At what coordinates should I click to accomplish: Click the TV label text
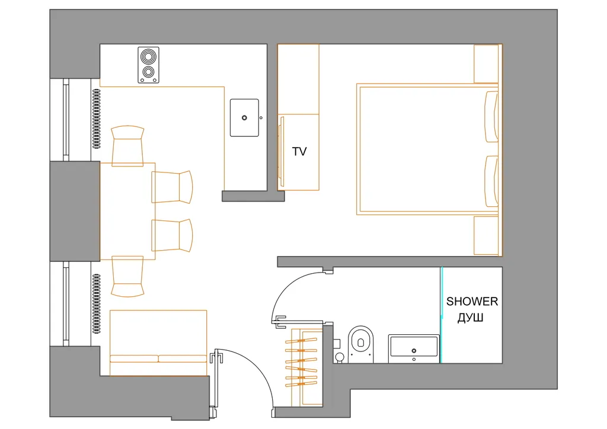coord(299,152)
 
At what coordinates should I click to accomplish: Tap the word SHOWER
coord(472,302)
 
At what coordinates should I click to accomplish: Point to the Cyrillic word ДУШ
coord(470,318)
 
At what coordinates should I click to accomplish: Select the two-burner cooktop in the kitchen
coord(148,65)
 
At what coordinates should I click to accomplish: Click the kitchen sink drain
coord(244,117)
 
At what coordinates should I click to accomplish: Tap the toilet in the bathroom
coord(361,344)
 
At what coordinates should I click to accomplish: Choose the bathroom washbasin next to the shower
coord(414,348)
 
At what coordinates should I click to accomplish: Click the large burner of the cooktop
coord(148,57)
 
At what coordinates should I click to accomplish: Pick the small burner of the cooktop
coord(148,72)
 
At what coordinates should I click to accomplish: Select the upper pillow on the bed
coord(491,117)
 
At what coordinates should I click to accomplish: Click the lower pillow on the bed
coord(491,181)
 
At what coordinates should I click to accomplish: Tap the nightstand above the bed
coord(487,64)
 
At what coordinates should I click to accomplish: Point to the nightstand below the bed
coord(487,236)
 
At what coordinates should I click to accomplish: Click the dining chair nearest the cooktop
coord(127,146)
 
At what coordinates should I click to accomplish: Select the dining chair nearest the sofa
coord(127,276)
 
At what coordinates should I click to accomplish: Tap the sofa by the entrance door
coord(158,342)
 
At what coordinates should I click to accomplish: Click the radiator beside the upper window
coord(97,119)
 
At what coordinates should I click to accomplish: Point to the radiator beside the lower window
coord(97,303)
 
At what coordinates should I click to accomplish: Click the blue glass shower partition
coord(441,315)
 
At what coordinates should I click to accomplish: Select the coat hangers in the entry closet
coord(301,362)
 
